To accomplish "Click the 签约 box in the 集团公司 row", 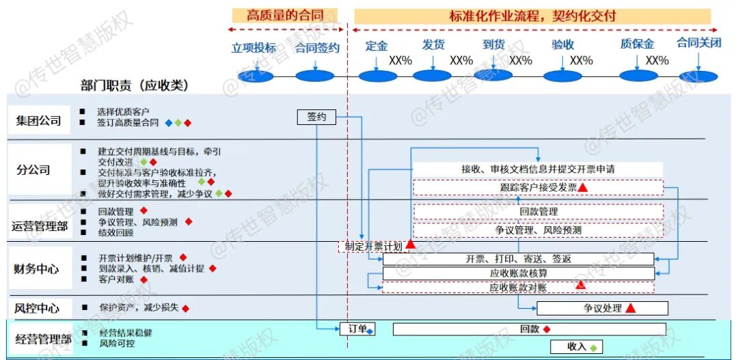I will tap(316, 117).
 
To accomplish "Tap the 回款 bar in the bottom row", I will tap(529, 329).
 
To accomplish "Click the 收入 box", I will tap(577, 346).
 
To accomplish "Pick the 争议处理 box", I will tap(602, 308).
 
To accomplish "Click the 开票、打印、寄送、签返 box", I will tap(518, 260).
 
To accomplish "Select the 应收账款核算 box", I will tap(518, 273).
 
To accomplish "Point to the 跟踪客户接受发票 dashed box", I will tap(538, 187).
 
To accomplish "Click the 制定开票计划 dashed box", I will tap(373, 246).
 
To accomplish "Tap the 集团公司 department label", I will tap(39, 122).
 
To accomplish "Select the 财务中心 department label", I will tap(37, 269).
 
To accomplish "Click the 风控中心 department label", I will tap(37, 307).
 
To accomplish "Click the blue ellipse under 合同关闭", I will tap(699, 76).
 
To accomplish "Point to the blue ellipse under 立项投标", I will tap(254, 76).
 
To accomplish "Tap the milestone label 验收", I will tap(562, 45).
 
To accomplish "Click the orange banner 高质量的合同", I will tap(283, 15).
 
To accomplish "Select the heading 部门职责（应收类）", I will tap(134, 85).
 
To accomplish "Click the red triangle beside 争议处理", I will tap(631, 308).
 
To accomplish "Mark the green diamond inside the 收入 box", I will tap(593, 347).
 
